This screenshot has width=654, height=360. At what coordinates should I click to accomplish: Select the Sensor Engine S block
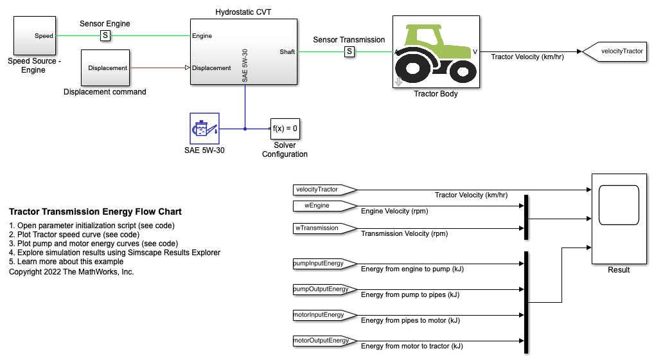[x=105, y=36]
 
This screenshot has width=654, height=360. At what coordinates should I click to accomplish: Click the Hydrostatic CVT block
[x=243, y=51]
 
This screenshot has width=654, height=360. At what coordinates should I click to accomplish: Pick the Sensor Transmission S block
[x=349, y=51]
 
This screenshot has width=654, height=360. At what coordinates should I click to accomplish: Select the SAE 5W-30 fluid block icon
[x=204, y=129]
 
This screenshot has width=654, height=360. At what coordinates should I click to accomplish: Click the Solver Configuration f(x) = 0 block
[x=285, y=129]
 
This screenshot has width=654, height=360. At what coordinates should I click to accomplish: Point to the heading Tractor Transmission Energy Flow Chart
[x=95, y=212]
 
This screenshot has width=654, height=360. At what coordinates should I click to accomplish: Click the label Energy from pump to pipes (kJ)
[x=411, y=294]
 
